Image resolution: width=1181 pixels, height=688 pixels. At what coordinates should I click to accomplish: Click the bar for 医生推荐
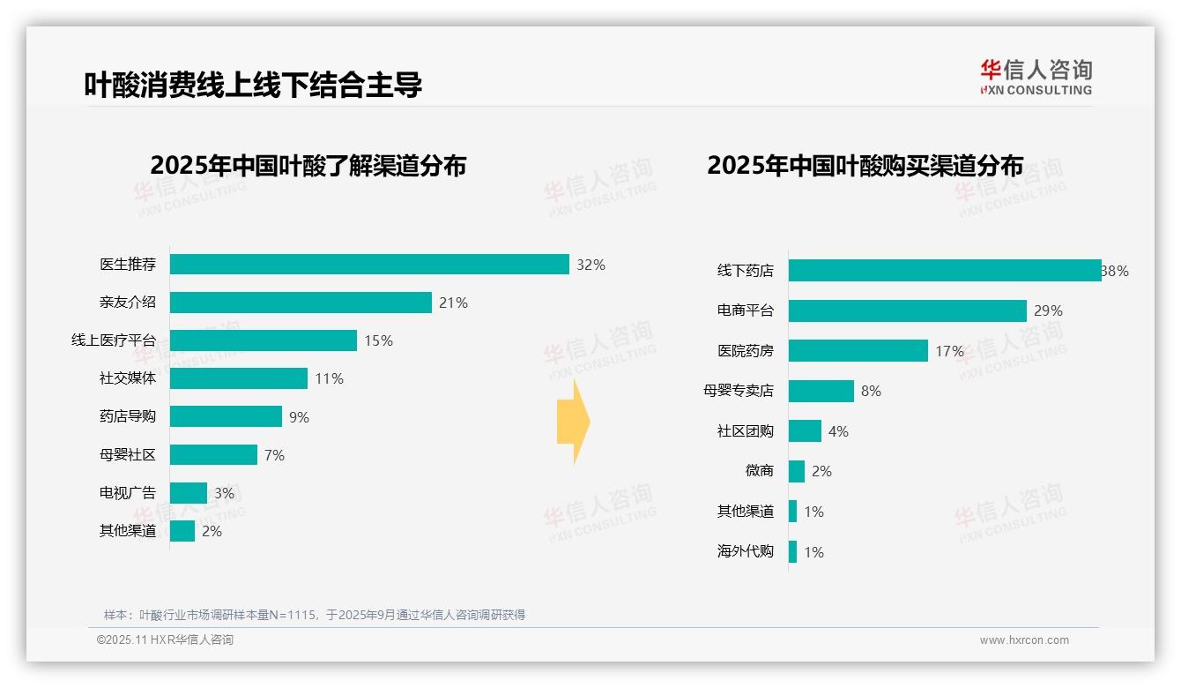369,265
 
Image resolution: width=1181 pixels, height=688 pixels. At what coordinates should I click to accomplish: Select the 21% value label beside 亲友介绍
453,303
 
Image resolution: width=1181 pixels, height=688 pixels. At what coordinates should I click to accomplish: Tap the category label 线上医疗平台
113,340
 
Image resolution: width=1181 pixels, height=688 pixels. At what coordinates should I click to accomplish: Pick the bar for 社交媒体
239,378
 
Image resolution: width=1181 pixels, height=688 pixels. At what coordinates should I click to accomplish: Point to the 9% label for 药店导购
299,417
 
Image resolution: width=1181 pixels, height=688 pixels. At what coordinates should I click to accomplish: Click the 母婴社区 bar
213,455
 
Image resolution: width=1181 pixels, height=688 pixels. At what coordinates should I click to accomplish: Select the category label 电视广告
127,493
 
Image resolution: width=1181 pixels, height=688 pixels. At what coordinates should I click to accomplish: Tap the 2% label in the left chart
212,531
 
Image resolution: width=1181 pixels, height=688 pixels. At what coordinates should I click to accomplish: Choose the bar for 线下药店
945,271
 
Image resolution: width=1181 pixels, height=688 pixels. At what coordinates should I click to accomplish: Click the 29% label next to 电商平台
1049,310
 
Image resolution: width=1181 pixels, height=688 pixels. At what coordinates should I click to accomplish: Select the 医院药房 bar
858,351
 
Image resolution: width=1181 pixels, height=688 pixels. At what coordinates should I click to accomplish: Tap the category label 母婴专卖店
738,391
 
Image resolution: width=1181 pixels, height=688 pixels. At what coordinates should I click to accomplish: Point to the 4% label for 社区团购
838,431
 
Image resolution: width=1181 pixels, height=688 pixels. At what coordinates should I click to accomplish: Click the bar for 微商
797,471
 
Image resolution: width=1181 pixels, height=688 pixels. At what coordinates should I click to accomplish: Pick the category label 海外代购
745,552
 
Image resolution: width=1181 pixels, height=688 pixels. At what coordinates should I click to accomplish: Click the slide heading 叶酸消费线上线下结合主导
253,84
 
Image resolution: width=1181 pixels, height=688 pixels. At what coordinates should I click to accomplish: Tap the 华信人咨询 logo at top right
1036,77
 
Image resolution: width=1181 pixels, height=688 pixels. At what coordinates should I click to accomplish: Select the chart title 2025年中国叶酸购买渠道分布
865,166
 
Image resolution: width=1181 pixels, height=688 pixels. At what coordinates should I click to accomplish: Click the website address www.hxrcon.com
1024,640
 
